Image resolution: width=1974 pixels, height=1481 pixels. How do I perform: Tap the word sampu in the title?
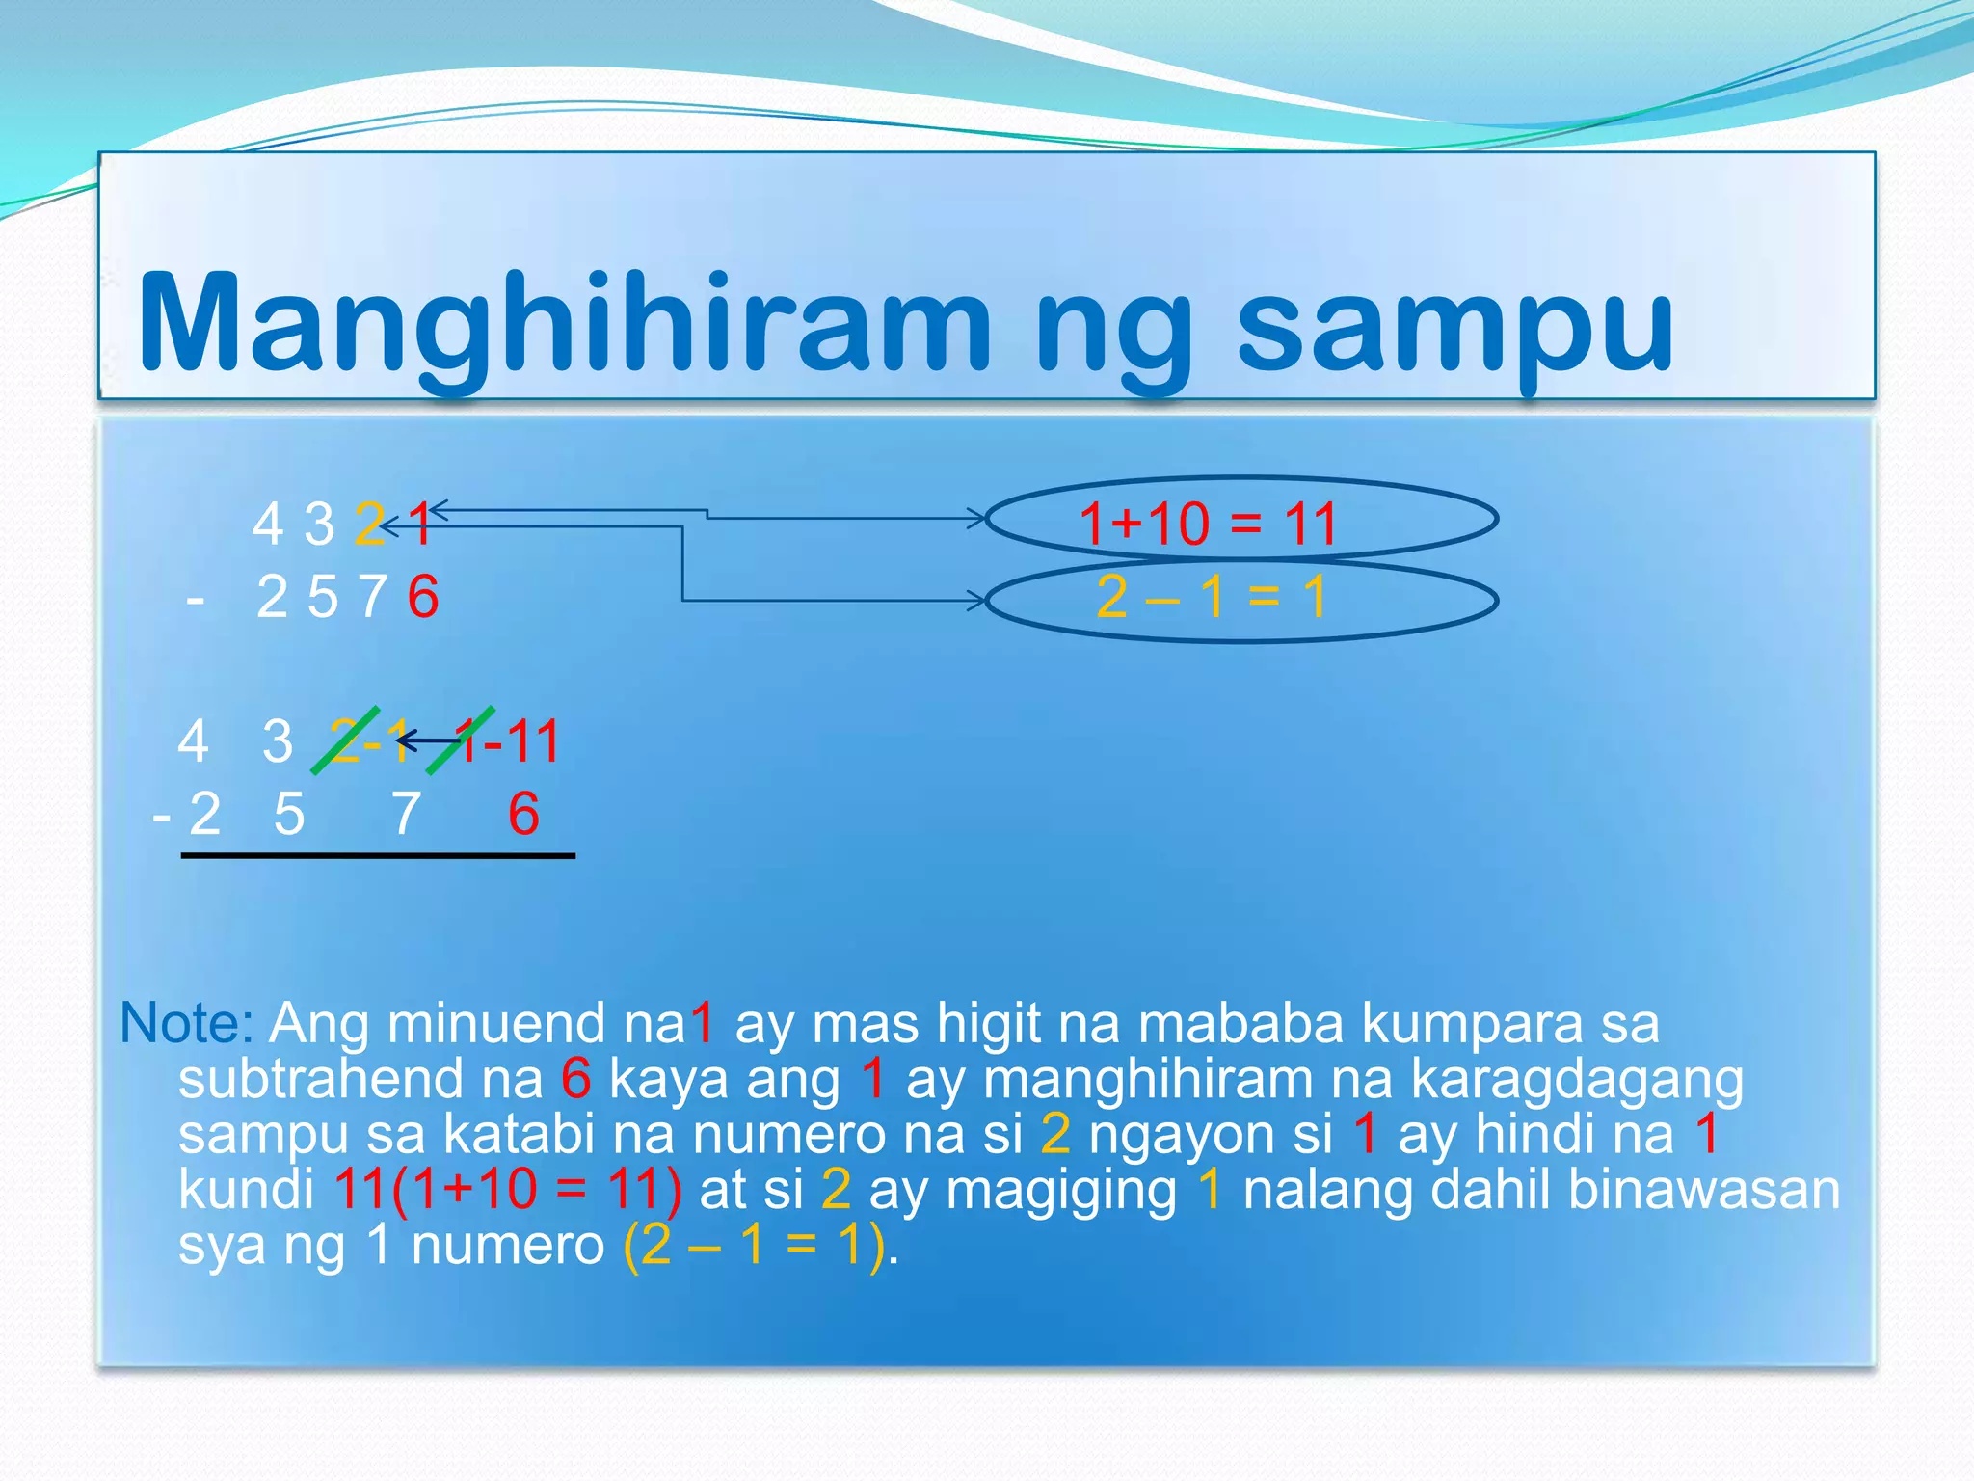(x=1455, y=323)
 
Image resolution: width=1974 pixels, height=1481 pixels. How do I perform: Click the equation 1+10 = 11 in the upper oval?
(x=1208, y=524)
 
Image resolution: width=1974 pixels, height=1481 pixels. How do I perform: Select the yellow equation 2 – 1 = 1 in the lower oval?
(x=1212, y=597)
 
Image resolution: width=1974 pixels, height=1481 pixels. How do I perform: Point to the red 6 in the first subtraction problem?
(x=423, y=597)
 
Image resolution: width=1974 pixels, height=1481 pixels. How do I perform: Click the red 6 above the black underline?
(x=523, y=814)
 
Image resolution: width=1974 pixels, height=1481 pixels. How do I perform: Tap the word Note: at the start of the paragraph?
(x=186, y=1023)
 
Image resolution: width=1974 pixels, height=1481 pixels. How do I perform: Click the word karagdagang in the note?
(x=1577, y=1079)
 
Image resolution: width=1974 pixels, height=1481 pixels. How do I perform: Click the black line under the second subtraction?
(x=378, y=855)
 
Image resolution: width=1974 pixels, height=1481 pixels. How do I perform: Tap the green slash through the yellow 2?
(x=345, y=740)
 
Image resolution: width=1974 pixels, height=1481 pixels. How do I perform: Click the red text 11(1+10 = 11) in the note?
(x=508, y=1190)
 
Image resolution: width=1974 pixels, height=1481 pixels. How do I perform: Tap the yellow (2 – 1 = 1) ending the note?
(x=754, y=1246)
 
